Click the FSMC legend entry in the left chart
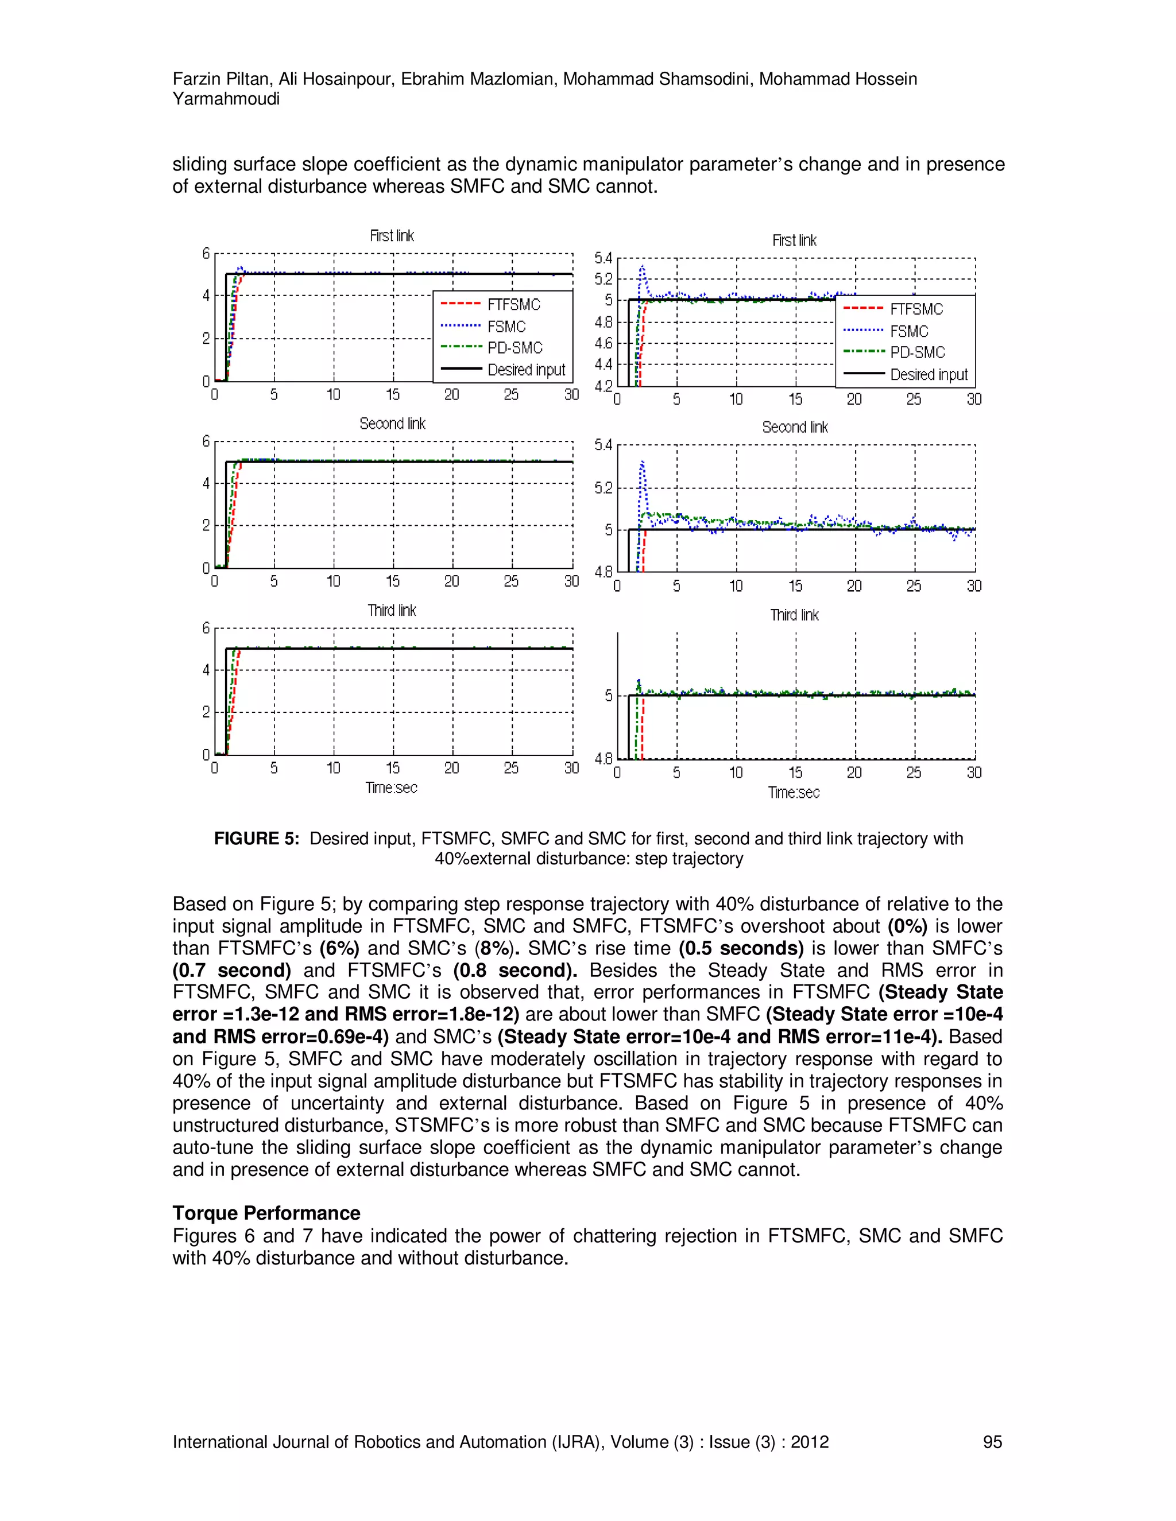coord(506,327)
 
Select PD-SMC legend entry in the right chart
coord(917,352)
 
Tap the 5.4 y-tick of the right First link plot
coord(604,258)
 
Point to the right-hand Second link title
coord(795,427)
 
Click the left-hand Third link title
coord(392,611)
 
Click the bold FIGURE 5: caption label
coord(256,839)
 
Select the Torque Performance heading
coord(266,1213)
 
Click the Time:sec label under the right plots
coord(794,793)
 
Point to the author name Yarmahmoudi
coord(226,99)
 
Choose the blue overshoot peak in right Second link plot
coord(643,461)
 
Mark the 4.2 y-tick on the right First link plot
coord(604,386)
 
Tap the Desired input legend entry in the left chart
coord(526,370)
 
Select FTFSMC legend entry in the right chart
coord(916,309)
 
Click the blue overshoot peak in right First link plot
coord(643,266)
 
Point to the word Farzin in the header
coord(196,79)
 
